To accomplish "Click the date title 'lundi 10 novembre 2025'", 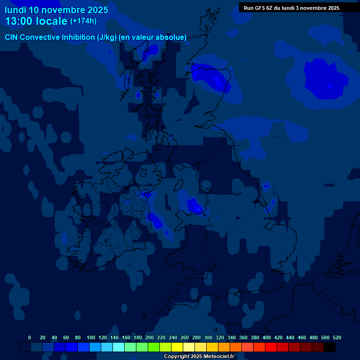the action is tap(56, 10).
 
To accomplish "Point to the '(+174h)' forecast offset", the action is tap(83, 21).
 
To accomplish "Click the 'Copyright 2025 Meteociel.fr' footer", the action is tap(199, 356).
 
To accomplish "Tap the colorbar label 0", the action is tap(30, 337).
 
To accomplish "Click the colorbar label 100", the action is tap(91, 337).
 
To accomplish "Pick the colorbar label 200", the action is tap(150, 337).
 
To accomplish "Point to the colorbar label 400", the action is tap(267, 337).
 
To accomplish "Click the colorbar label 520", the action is tap(337, 337).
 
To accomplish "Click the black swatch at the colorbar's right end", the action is tap(330, 347).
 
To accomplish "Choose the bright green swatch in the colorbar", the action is tap(154, 347).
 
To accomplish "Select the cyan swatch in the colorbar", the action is tap(119, 347).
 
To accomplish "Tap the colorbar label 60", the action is tap(66, 337).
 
